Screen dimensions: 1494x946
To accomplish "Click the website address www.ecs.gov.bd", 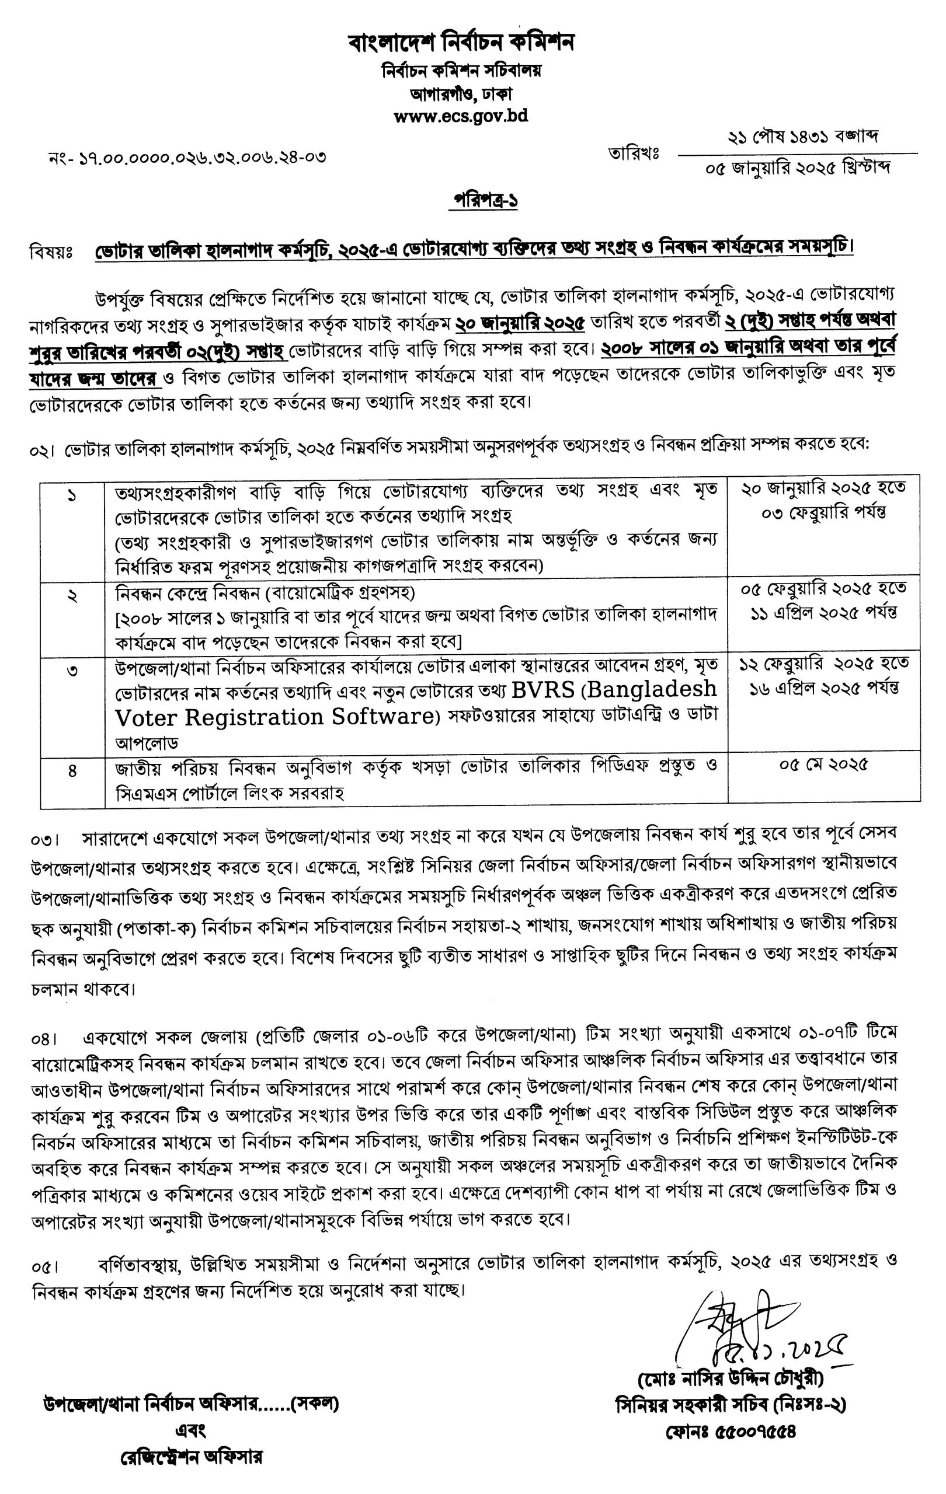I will pos(461,116).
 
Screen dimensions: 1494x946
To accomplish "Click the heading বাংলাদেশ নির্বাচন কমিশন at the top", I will pos(461,43).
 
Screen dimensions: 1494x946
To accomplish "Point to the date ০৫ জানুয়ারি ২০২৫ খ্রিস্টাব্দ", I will pos(798,168).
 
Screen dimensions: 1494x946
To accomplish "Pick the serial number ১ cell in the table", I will pos(72,496).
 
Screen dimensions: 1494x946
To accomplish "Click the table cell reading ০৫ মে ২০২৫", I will pos(823,765).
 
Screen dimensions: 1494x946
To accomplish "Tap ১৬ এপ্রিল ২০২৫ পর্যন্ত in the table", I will pos(824,688).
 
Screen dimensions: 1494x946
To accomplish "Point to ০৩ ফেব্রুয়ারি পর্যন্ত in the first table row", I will pos(824,512).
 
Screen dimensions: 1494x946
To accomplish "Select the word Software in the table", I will pos(385,717).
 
